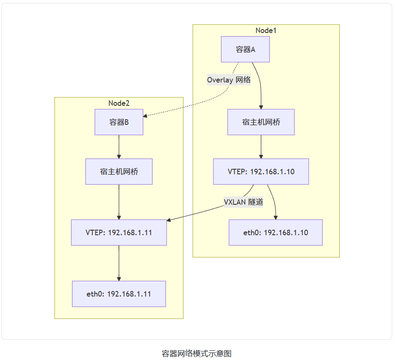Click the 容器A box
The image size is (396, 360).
(245, 49)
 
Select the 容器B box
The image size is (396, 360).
(119, 122)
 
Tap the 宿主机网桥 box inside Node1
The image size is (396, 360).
(261, 122)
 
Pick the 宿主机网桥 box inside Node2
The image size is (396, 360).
(119, 172)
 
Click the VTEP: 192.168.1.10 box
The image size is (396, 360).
(261, 172)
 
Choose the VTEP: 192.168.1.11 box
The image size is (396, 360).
(119, 232)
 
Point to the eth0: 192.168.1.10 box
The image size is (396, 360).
(275, 232)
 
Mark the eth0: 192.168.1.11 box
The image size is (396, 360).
(119, 294)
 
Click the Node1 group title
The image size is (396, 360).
(266, 30)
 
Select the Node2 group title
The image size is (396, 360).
(119, 103)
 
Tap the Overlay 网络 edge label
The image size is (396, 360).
(229, 80)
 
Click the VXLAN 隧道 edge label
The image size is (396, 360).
(244, 202)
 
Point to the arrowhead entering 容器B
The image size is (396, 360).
(146, 115)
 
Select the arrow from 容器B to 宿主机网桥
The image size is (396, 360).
(119, 146)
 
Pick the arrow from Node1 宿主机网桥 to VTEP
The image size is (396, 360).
(261, 146)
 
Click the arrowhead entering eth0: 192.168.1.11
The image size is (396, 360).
(119, 279)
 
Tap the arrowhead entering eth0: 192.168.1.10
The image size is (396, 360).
(275, 217)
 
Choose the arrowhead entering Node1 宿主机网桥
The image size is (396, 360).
(261, 107)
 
